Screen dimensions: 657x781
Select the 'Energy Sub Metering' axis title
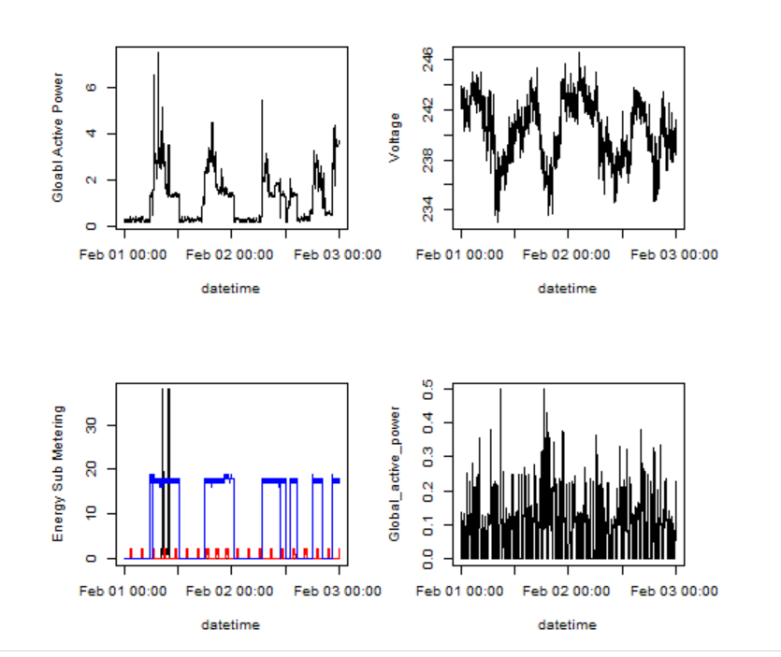click(58, 473)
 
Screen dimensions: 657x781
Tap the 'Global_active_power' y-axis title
click(395, 473)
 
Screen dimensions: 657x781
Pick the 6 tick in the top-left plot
click(90, 87)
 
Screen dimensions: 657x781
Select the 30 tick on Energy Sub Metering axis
click(90, 425)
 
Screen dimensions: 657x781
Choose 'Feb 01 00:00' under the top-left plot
click(123, 254)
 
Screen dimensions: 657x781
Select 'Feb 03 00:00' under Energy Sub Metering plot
click(338, 591)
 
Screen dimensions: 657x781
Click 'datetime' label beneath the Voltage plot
click(567, 289)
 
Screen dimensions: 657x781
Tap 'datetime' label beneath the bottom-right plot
click(567, 624)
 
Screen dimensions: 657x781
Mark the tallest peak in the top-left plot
click(158, 54)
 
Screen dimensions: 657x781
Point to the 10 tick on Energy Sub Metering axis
click(90, 514)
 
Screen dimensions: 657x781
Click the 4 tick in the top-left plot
click(90, 134)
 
